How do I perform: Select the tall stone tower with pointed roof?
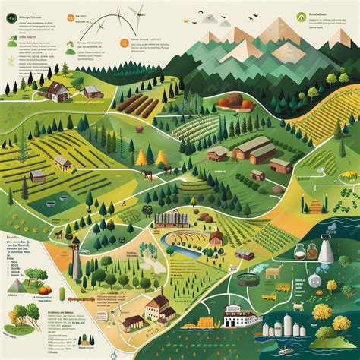[x=75, y=258]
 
